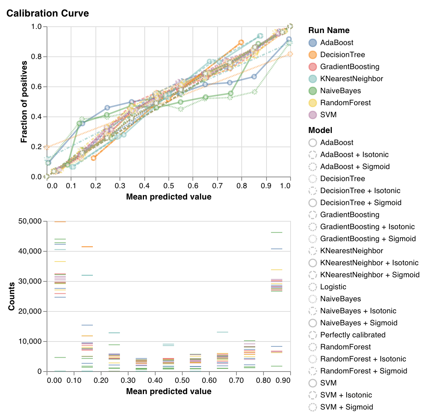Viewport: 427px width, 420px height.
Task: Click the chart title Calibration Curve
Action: [x=48, y=14]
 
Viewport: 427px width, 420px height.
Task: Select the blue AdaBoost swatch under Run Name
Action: [x=313, y=43]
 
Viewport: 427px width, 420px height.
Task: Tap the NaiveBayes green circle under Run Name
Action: [x=313, y=91]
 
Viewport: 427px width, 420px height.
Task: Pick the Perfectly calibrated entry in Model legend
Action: [x=353, y=335]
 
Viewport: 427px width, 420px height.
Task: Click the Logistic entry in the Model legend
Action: [x=333, y=287]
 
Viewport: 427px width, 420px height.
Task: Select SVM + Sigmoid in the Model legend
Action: [x=346, y=407]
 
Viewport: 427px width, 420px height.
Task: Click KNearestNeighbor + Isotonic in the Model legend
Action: [x=369, y=263]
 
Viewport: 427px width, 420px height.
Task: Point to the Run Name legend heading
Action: [x=329, y=30]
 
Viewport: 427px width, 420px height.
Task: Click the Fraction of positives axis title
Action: [x=24, y=102]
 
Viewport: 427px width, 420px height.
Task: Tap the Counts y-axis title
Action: [x=11, y=296]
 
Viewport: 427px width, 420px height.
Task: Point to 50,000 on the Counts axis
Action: [x=30, y=221]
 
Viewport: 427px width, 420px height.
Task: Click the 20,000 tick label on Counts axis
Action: [x=30, y=311]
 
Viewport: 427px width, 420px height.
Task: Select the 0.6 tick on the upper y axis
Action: [x=37, y=87]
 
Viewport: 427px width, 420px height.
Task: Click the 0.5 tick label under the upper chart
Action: [x=168, y=186]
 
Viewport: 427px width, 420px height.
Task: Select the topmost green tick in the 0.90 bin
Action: [x=276, y=233]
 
